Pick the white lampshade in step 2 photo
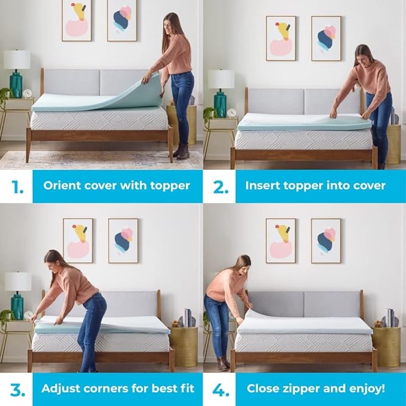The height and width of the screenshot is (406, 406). click(221, 78)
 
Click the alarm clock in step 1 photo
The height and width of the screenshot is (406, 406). click(28, 93)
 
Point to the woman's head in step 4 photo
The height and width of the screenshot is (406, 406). click(242, 263)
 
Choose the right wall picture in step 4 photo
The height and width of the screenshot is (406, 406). click(326, 240)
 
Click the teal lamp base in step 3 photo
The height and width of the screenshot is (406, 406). click(17, 306)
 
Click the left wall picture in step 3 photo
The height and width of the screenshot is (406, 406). click(78, 240)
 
